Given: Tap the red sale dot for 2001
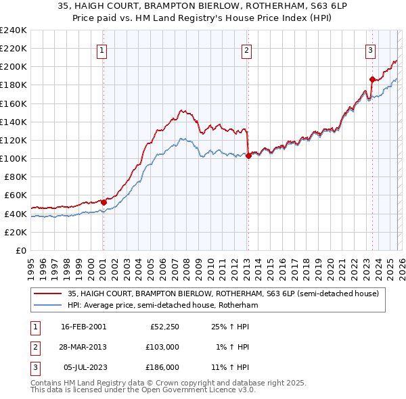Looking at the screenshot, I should coord(104,202).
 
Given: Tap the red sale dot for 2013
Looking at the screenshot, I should coord(248,156).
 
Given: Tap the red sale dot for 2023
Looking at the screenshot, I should coord(372,79).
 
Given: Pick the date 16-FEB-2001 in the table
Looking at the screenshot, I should coord(83,327).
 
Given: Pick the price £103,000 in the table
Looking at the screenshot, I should coord(162,347).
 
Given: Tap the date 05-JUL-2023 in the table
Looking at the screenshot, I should coord(83,367).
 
